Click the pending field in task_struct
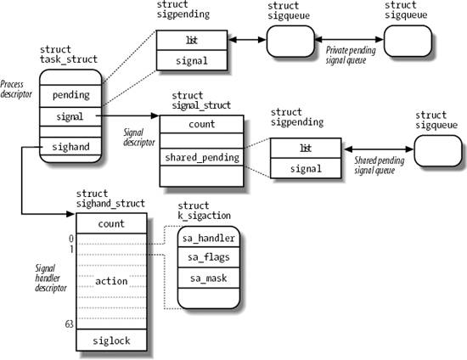(x=70, y=95)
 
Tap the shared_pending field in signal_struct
(x=202, y=157)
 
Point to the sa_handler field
(x=208, y=238)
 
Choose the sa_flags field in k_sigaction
(x=208, y=257)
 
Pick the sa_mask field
(x=208, y=277)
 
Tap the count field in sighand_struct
(x=111, y=224)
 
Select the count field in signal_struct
(x=202, y=123)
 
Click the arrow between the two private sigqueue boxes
(x=349, y=39)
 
